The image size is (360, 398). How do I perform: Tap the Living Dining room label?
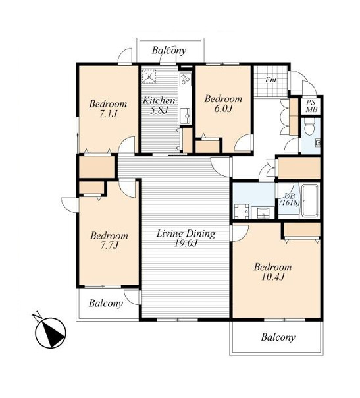point(186,238)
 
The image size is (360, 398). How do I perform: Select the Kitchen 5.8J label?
point(159,105)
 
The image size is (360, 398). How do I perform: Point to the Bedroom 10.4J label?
point(272,271)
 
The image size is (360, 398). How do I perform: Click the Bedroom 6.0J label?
point(223,103)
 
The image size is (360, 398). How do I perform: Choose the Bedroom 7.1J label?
point(108,109)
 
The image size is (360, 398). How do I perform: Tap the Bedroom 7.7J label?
point(109,241)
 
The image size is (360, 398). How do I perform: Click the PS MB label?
point(311,106)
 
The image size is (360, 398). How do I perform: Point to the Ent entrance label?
point(270,80)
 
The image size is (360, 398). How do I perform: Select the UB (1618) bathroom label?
point(290,199)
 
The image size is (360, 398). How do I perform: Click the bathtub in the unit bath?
point(309,201)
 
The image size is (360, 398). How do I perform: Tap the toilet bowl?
point(309,128)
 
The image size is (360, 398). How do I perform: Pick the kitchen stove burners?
point(186,79)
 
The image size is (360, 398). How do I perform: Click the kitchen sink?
point(186,116)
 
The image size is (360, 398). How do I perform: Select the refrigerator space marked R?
point(149,76)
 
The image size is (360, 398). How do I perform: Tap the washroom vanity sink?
point(263,212)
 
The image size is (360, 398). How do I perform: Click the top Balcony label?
point(169,50)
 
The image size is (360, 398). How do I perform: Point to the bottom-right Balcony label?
point(278,337)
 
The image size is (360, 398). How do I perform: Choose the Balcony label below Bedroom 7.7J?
point(106,303)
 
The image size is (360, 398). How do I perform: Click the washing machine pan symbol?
point(242,211)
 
